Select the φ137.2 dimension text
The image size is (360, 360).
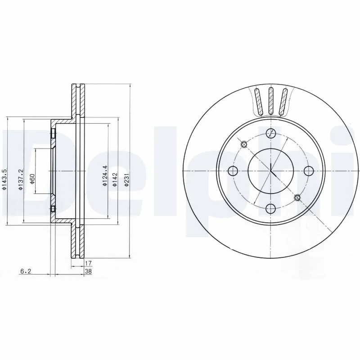pyautogui.click(x=20, y=179)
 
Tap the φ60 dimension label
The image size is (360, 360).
pyautogui.click(x=32, y=179)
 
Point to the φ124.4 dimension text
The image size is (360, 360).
pyautogui.click(x=104, y=176)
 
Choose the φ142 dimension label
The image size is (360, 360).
pyautogui.click(x=116, y=179)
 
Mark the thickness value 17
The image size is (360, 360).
pyautogui.click(x=88, y=262)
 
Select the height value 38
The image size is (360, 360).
pyautogui.click(x=88, y=271)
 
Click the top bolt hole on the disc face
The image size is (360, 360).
pyautogui.click(x=271, y=133)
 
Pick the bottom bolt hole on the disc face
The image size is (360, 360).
pyautogui.click(x=271, y=208)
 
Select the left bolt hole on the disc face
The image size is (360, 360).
pyautogui.click(x=233, y=171)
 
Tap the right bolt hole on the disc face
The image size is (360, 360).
pyautogui.click(x=308, y=171)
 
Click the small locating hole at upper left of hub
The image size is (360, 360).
pyautogui.click(x=244, y=144)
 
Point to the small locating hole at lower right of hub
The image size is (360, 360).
pyautogui.click(x=297, y=198)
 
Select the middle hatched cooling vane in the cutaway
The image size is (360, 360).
pyautogui.click(x=271, y=101)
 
